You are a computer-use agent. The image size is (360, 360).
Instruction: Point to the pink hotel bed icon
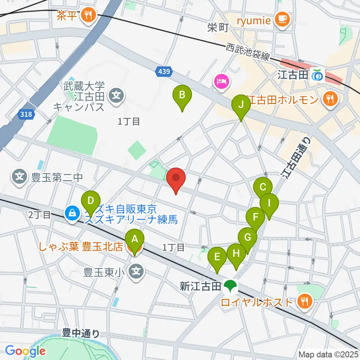(221, 81)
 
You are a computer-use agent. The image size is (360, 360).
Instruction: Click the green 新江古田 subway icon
(229, 287)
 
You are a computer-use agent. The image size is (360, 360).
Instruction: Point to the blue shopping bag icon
(71, 213)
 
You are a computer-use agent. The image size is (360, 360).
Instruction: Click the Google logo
(25, 351)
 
